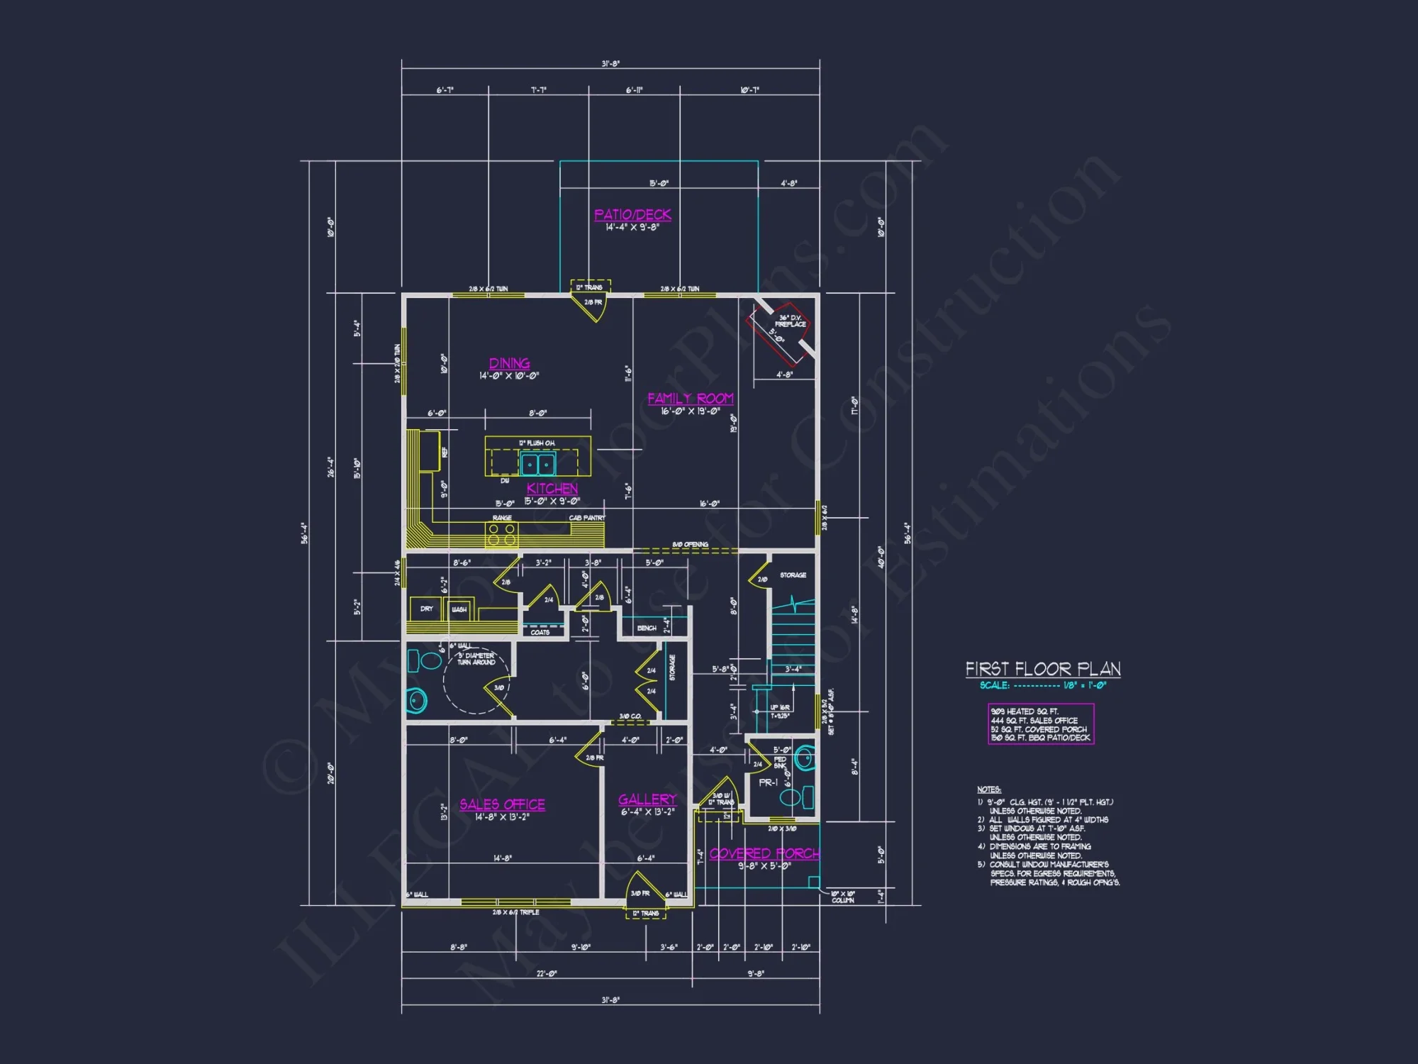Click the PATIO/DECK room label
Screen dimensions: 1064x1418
(x=632, y=214)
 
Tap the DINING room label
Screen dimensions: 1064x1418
(x=509, y=363)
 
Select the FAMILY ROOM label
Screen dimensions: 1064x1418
(x=690, y=399)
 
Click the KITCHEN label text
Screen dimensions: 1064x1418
(x=552, y=489)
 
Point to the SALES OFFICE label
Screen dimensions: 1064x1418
(x=502, y=804)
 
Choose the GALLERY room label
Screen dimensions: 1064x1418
(x=647, y=799)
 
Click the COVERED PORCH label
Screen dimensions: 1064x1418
(x=764, y=853)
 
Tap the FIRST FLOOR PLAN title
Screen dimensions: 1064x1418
(x=1042, y=669)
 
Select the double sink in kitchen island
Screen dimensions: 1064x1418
(x=538, y=465)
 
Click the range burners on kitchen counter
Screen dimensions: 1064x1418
(x=501, y=534)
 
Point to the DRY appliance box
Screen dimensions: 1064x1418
(x=426, y=609)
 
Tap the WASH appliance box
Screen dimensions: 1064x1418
(x=459, y=609)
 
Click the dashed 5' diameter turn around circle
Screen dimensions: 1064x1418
(x=476, y=681)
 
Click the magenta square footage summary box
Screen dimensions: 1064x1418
(x=1041, y=724)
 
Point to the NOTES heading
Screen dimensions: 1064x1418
(x=988, y=789)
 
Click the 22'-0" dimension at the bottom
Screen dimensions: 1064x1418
(x=546, y=973)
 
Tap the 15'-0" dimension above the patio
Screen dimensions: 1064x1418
(x=659, y=184)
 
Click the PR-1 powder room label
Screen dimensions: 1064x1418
(x=768, y=782)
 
